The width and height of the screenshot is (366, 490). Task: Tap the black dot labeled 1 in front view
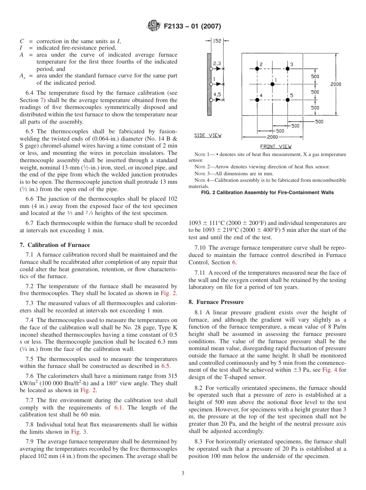pos(272,84)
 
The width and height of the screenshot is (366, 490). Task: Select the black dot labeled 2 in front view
pos(257,69)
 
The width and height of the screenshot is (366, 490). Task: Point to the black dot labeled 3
pos(287,69)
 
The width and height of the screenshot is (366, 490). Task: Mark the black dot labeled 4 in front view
pos(257,100)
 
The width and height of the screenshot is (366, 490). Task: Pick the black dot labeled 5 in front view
pos(287,100)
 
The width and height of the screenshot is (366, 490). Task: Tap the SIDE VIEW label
pos(208,136)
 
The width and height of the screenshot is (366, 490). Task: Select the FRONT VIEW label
pos(276,146)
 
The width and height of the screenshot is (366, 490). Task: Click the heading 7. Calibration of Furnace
pos(55,245)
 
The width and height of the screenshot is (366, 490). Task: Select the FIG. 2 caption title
pos(267,192)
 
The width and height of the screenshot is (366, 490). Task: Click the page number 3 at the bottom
pos(183,473)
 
